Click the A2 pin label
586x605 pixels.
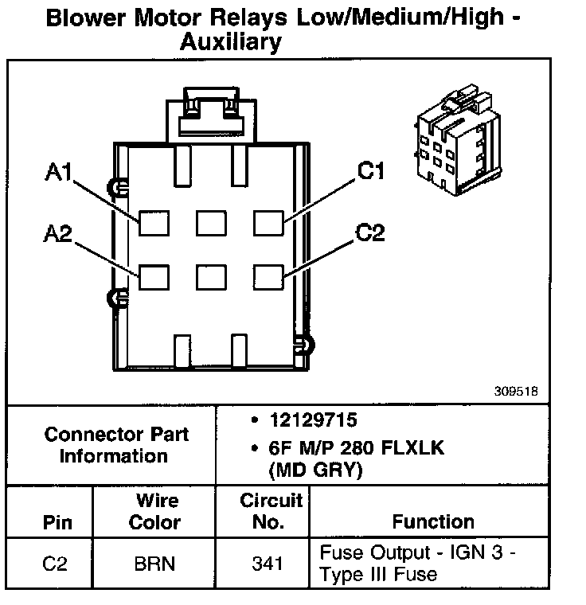pyautogui.click(x=59, y=234)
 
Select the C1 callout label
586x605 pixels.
pyautogui.click(x=371, y=172)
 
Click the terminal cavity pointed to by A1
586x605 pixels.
pyautogui.click(x=153, y=223)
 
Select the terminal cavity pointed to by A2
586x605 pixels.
pyautogui.click(x=153, y=277)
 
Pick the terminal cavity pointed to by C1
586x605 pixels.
pyautogui.click(x=268, y=223)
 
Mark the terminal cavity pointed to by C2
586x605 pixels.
pyautogui.click(x=268, y=277)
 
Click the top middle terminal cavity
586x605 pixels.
pyautogui.click(x=210, y=223)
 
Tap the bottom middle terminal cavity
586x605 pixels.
pyautogui.click(x=210, y=277)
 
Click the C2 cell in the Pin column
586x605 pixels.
pyautogui.click(x=54, y=564)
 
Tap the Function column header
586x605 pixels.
pyautogui.click(x=433, y=522)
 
